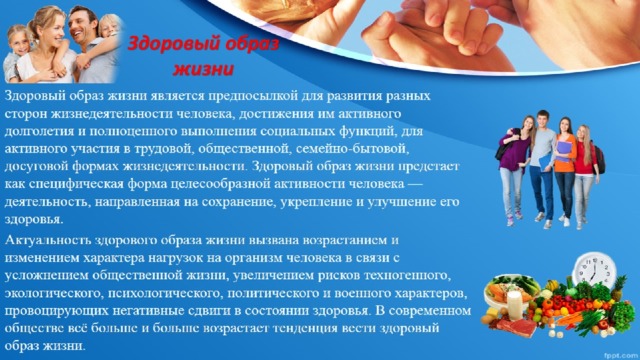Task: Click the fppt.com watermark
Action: [x=621, y=351]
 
